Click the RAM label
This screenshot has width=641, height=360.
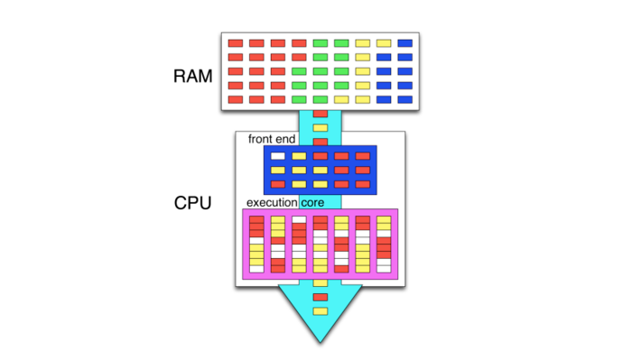click(x=192, y=76)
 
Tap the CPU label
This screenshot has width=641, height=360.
click(x=192, y=203)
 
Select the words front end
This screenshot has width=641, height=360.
click(x=272, y=139)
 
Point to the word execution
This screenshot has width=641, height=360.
click(x=272, y=202)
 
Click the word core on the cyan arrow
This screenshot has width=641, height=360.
click(x=312, y=202)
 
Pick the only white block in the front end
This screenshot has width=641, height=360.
click(x=278, y=156)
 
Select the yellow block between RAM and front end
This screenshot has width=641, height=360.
click(x=320, y=128)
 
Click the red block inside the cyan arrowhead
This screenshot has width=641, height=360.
click(x=320, y=297)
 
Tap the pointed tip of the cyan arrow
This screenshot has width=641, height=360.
click(x=320, y=343)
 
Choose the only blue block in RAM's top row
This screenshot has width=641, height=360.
click(x=405, y=43)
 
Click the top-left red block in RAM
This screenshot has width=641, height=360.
click(x=236, y=43)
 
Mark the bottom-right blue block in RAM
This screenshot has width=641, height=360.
click(x=405, y=100)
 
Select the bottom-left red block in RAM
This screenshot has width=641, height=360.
click(x=236, y=100)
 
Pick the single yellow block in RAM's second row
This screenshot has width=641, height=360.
click(x=363, y=57)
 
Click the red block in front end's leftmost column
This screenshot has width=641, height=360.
click(x=278, y=184)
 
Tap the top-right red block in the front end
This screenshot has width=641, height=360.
click(x=363, y=156)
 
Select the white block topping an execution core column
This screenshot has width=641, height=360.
click(x=299, y=219)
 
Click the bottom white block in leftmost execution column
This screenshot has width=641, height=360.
click(x=256, y=269)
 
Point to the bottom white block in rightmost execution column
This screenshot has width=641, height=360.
click(x=384, y=269)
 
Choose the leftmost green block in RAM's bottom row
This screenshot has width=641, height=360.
click(x=299, y=100)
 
